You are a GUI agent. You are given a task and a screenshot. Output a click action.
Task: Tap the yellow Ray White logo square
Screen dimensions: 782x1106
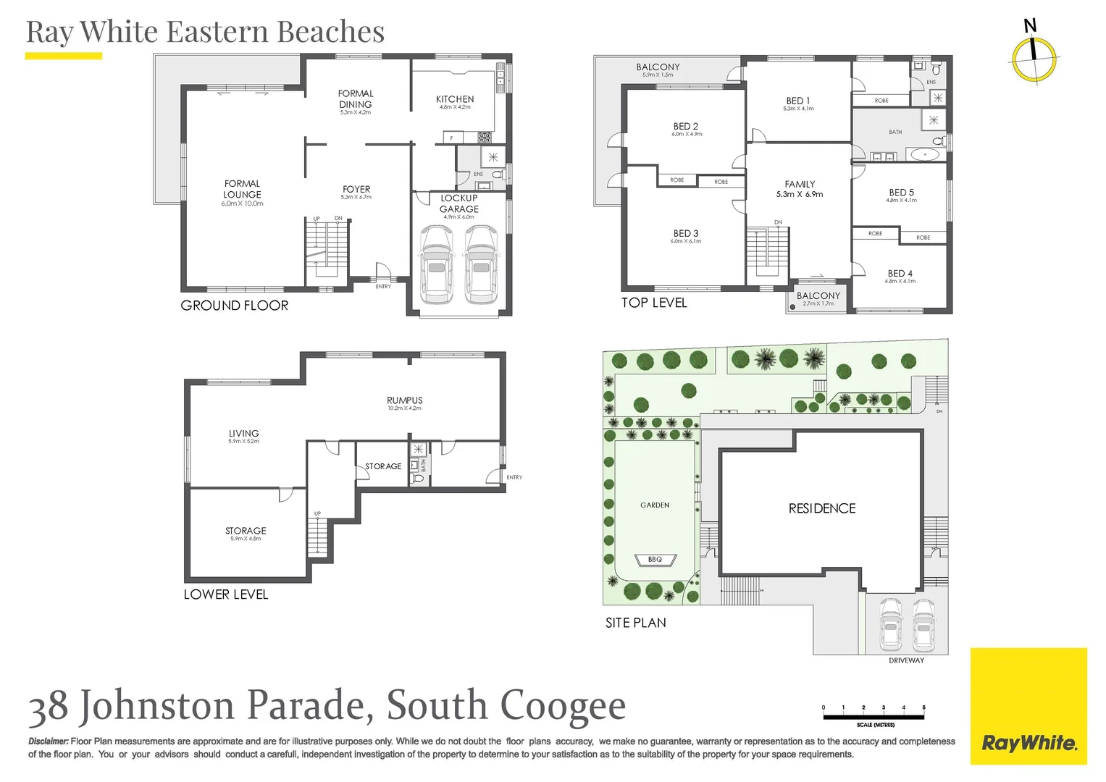coord(1029,706)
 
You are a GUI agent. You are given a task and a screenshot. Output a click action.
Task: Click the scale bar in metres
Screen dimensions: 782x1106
coord(874,717)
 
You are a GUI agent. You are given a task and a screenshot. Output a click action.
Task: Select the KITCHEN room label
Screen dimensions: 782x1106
coord(455,99)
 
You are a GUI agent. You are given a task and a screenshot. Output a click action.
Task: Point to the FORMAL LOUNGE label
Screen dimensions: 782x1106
coord(242,190)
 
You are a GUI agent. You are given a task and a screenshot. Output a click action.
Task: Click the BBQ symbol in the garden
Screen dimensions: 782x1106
coord(655,560)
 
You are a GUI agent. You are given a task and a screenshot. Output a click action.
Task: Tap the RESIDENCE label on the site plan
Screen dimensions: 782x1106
coord(822,508)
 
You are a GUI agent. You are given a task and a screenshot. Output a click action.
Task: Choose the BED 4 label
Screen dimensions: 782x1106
coord(900,274)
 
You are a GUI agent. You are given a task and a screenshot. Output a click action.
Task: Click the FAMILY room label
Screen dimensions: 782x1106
coord(800,185)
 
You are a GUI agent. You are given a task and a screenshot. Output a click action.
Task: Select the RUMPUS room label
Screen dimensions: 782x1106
coord(404,400)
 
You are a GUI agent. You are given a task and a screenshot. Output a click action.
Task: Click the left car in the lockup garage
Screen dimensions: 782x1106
coord(436,264)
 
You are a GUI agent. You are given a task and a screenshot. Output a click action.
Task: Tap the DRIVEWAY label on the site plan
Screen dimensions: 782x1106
coord(906,660)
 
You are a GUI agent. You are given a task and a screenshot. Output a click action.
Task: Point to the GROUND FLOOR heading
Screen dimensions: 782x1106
coord(234,306)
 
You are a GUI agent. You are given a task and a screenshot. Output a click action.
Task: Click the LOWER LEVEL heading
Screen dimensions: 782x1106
coord(225,594)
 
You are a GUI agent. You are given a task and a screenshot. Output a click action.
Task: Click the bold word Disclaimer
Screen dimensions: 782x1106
coord(49,741)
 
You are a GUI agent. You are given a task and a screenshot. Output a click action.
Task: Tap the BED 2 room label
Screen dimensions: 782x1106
coord(685,126)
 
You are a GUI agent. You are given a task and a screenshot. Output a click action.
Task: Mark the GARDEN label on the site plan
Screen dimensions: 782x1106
coord(655,505)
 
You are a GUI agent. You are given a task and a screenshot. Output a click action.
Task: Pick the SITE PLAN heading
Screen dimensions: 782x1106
coord(635,623)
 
